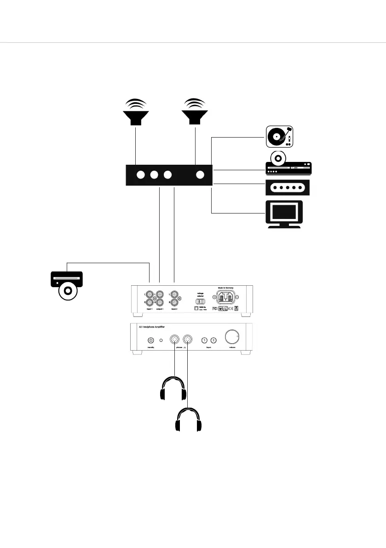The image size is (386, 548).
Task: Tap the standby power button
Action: coord(150,340)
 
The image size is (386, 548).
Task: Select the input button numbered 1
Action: coord(204,340)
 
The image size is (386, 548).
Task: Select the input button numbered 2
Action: coord(213,340)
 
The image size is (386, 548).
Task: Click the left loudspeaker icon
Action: coord(136,113)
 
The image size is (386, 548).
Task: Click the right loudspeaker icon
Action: coord(195,113)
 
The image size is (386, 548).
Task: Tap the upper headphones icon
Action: coord(173,389)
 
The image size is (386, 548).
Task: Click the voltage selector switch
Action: coord(200,301)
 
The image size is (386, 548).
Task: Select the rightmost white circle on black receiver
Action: coord(200,175)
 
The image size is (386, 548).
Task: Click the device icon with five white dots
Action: coord(288,188)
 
